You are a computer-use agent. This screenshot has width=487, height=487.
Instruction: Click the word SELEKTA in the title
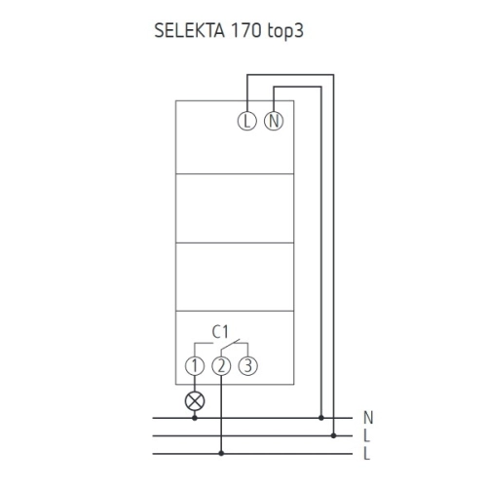[x=189, y=31]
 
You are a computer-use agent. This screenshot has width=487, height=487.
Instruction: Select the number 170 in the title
[x=245, y=31]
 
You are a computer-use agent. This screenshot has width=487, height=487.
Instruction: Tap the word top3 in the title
[x=285, y=31]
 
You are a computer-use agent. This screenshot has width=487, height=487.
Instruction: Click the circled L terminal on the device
[x=247, y=121]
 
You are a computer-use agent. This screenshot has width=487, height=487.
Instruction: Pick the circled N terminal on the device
[x=274, y=121]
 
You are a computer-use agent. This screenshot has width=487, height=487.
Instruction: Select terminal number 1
[x=195, y=366]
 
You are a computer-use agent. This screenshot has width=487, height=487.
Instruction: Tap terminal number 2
[x=221, y=366]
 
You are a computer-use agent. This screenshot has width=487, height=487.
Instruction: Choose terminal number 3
[x=248, y=366]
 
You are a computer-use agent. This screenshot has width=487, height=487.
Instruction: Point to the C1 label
[x=220, y=332]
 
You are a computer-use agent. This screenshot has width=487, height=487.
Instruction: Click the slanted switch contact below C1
[x=230, y=345]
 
